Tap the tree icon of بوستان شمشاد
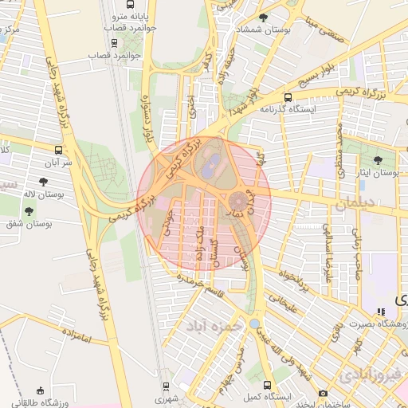tap(264, 17)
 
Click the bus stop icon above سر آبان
tap(58, 149)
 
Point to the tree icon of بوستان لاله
tap(41, 181)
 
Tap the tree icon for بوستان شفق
tap(29, 211)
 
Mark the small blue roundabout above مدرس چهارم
tap(253, 324)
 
